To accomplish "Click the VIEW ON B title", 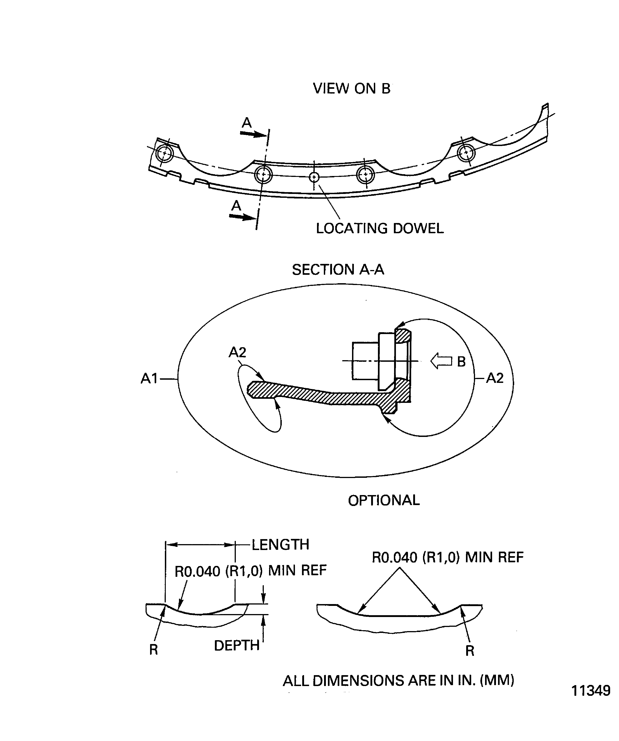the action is [352, 89].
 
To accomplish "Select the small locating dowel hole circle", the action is [314, 177].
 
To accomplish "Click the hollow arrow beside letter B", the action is [441, 361].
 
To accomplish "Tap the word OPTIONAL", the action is [384, 500].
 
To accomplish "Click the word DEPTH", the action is [237, 645].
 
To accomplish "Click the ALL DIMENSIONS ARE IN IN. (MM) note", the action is [399, 680].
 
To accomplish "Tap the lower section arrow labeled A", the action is [243, 216].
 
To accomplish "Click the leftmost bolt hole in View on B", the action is [164, 154].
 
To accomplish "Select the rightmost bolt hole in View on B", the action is [466, 152].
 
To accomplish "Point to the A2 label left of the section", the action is [237, 352].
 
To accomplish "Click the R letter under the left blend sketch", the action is [153, 650].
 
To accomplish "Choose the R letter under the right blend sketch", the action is [470, 651].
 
